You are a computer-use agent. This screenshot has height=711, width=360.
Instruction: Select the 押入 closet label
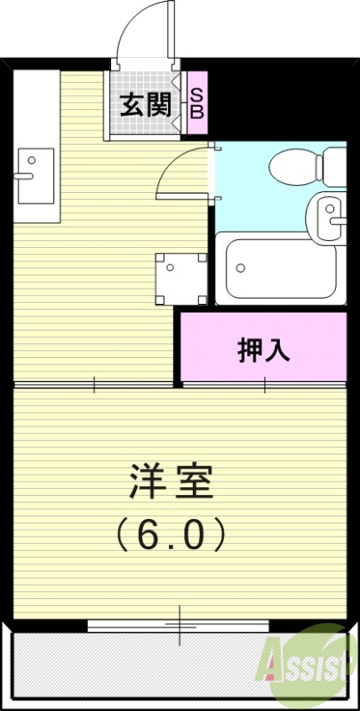point(263,349)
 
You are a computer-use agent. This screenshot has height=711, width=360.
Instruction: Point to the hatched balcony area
point(133,667)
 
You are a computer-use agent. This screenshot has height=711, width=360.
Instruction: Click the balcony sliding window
point(178,626)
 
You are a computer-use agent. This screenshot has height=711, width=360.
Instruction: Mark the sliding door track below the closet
point(265,385)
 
